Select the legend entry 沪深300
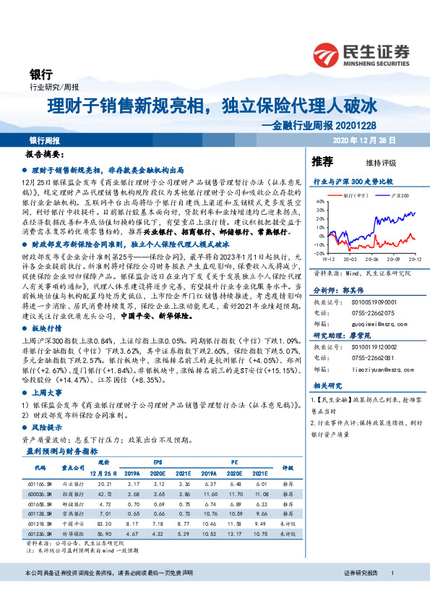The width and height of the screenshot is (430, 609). [400, 195]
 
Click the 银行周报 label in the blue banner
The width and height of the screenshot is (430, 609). [45, 140]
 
